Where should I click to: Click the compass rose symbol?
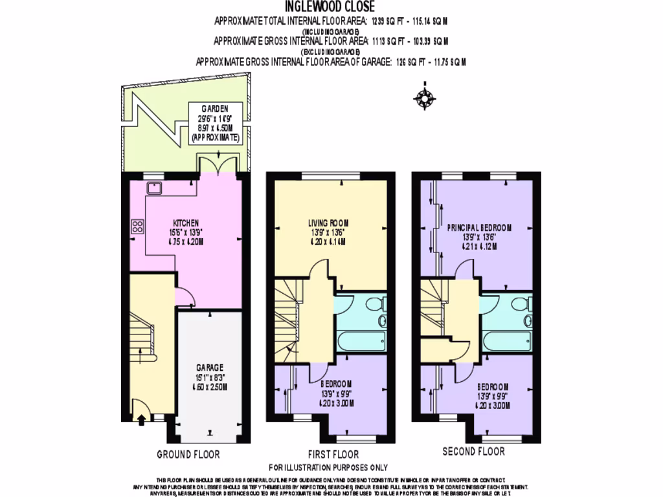coord(424,98)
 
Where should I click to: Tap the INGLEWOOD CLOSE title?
coord(331,8)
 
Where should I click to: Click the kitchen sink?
coord(154,188)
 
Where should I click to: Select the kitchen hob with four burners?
coord(138,226)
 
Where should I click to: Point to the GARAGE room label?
coord(210,366)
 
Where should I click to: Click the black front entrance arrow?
coord(141,419)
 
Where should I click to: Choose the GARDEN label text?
coord(214,109)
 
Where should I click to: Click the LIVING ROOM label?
coord(331,224)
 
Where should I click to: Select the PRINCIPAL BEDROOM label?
coord(479,227)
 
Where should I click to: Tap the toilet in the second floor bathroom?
coord(526,304)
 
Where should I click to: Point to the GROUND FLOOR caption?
coord(188,454)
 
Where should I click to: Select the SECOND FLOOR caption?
coord(473,451)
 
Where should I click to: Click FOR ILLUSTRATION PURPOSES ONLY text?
coord(328,467)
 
